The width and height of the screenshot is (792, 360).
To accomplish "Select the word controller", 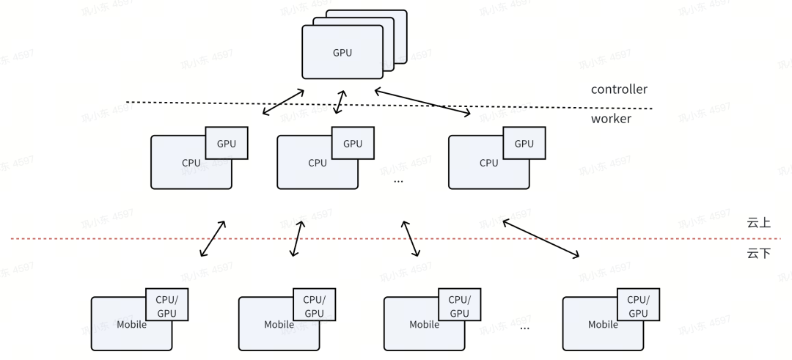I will [619, 89].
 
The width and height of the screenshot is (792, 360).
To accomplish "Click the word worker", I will [611, 118].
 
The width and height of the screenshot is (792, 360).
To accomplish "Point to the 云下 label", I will [758, 254].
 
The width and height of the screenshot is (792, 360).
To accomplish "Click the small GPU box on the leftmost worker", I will [227, 144].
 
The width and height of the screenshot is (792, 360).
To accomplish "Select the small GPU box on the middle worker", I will [353, 144].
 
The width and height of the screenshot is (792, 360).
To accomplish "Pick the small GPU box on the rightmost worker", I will [524, 144].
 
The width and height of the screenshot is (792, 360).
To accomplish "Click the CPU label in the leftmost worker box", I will [191, 163].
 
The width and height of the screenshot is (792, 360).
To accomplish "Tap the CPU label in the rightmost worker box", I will [489, 163].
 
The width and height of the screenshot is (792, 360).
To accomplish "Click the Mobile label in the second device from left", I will [279, 324].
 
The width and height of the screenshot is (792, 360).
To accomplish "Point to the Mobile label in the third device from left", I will [424, 324].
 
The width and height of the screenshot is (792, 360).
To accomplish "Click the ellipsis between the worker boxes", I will [399, 180].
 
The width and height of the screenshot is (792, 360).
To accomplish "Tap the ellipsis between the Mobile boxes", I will [524, 328].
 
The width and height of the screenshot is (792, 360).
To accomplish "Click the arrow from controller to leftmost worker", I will [284, 102].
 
